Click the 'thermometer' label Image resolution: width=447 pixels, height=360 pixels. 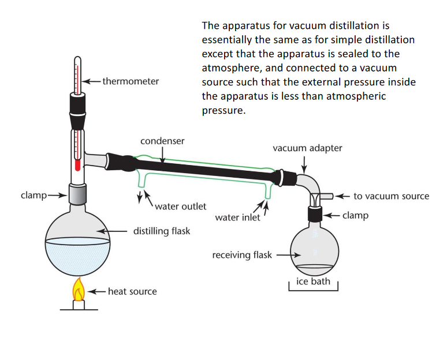coord(131,81)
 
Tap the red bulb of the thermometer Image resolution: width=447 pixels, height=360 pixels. coord(77,166)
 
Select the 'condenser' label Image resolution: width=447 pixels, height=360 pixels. coord(162,141)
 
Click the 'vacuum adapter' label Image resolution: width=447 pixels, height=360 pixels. coord(307,148)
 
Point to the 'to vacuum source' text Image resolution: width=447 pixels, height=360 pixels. coord(391,196)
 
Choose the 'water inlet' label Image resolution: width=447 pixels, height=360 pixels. coord(237,217)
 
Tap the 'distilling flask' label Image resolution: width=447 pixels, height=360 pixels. coord(162,231)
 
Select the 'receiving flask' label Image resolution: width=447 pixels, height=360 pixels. coord(242,255)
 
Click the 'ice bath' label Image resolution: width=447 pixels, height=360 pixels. coord(312,282)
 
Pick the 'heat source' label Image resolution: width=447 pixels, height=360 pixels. coord(132,291)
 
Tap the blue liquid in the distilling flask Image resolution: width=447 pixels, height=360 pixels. coord(77,254)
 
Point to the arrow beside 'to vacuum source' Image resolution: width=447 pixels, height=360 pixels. coord(343,196)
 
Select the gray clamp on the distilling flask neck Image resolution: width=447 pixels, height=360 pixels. coord(77,194)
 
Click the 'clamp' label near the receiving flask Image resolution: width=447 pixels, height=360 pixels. coord(355,216)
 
